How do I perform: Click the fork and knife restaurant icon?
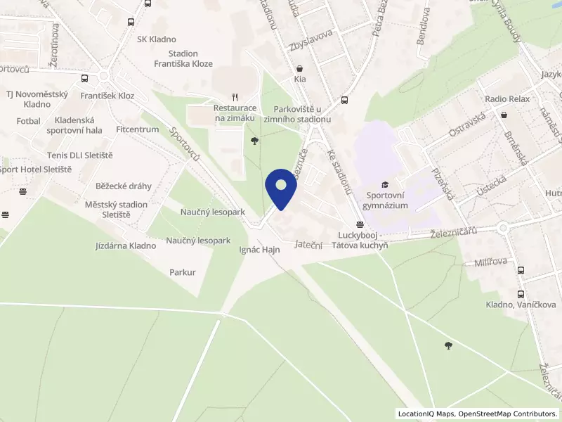[236, 98]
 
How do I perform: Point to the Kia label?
[301, 80]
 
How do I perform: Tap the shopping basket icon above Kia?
[301, 69]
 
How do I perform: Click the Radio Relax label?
[507, 99]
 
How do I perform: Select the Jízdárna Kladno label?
[126, 246]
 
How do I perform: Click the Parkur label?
[183, 271]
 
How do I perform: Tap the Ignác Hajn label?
[259, 250]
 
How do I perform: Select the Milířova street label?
[481, 262]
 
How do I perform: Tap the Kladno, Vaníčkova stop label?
[521, 305]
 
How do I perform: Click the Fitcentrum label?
[138, 129]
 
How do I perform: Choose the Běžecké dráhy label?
[124, 186]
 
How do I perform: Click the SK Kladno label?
[157, 39]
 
